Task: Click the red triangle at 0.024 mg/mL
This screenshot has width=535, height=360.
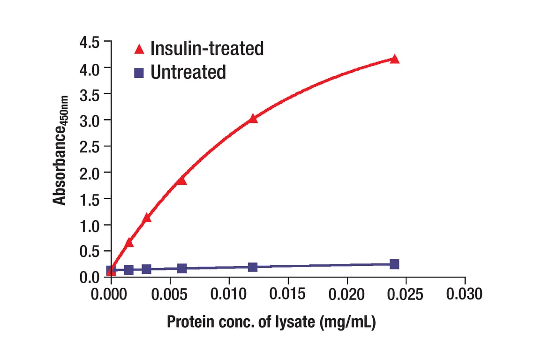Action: [x=394, y=59]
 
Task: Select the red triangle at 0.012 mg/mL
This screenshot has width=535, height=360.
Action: [x=253, y=119]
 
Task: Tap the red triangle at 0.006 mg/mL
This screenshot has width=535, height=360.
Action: [x=182, y=180]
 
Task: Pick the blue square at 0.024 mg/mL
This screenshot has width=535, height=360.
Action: [x=394, y=264]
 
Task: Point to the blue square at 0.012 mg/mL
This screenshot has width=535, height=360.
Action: [x=253, y=267]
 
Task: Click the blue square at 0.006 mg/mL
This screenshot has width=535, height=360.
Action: [x=182, y=268]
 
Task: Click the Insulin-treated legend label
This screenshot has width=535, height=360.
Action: [x=207, y=48]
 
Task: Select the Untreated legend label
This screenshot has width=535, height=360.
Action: [x=188, y=72]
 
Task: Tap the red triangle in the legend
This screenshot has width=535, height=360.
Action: [x=139, y=48]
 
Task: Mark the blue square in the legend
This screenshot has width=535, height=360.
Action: [x=139, y=73]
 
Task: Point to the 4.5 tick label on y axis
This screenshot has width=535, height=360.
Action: [x=89, y=43]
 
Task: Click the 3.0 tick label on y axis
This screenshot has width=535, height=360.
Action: [x=89, y=120]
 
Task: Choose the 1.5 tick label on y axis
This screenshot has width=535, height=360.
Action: [x=89, y=199]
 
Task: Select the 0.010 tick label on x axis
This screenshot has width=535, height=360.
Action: [x=229, y=294]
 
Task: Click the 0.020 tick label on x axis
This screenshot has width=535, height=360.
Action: [x=347, y=294]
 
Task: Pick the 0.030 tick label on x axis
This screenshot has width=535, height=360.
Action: [x=465, y=294]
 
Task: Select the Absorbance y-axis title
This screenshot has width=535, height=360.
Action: [x=60, y=150]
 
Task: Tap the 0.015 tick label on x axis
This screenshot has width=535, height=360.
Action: [x=288, y=294]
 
